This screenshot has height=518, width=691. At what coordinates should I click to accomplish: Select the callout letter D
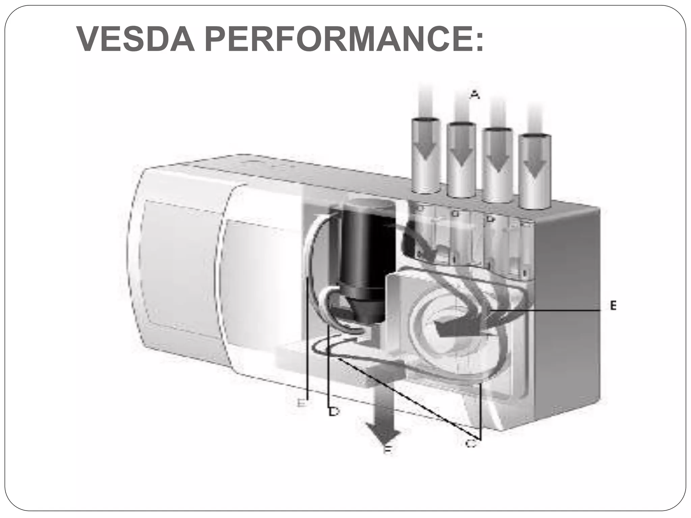tap(334, 412)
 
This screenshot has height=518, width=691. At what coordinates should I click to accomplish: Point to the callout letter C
tap(471, 444)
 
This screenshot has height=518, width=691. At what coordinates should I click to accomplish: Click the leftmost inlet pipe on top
tap(425, 155)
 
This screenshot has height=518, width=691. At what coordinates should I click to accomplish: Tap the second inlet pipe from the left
tap(461, 160)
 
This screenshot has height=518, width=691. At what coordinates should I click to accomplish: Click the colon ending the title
tap(479, 42)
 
